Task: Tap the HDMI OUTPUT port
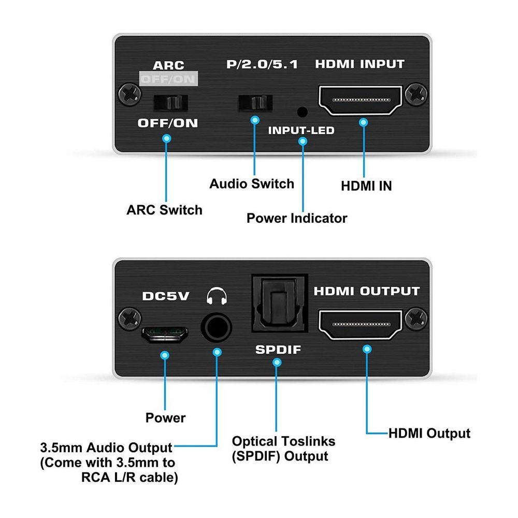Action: [361, 324]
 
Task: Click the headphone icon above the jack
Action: [216, 297]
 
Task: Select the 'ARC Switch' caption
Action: [164, 210]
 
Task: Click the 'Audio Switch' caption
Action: [252, 183]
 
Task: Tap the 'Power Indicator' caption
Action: [297, 218]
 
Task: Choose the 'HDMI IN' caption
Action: [366, 186]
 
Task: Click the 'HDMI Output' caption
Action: [429, 433]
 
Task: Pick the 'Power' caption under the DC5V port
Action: [165, 418]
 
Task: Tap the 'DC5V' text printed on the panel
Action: [166, 297]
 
